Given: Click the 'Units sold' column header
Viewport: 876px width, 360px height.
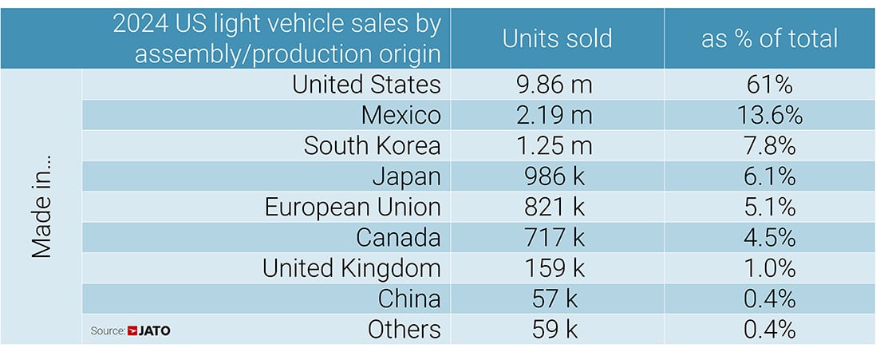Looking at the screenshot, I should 557,38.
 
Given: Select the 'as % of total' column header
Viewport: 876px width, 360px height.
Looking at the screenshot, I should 769,38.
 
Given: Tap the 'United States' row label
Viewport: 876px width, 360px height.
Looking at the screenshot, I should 366,84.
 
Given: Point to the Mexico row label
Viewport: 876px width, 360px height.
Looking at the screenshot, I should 401,115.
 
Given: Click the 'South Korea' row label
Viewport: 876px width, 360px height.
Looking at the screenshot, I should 372,146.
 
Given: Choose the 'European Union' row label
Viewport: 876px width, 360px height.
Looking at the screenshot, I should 353,207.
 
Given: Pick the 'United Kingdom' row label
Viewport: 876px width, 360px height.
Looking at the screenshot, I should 351,268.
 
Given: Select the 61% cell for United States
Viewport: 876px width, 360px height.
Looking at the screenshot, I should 769,84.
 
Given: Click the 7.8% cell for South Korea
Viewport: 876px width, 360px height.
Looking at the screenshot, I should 769,146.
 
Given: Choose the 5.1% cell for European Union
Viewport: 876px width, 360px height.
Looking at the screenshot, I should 769,207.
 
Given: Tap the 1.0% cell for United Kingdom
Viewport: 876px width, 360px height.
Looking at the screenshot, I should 769,268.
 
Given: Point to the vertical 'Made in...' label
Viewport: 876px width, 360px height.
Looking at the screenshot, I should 41,207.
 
